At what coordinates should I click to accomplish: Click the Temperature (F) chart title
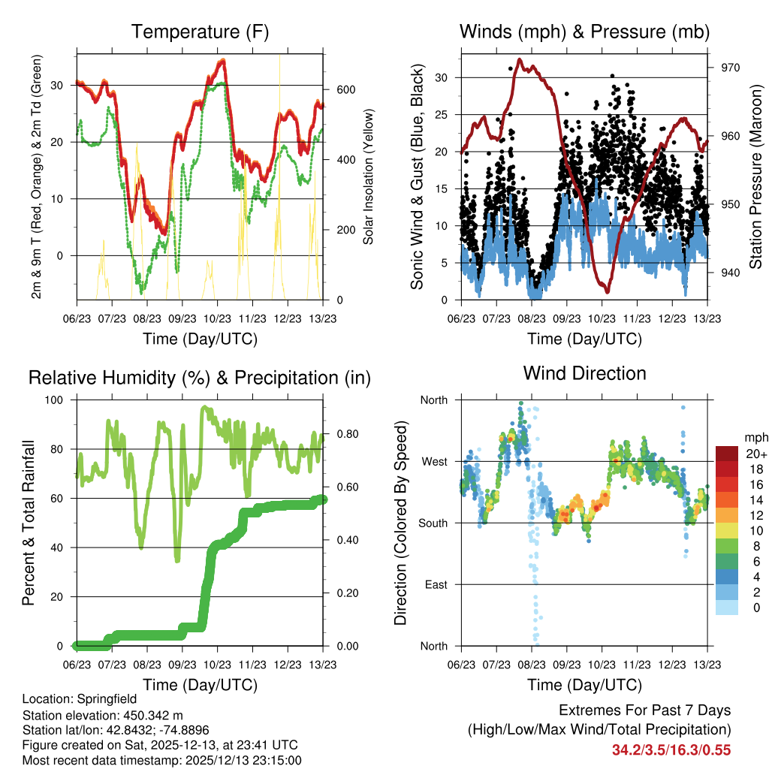click(x=200, y=32)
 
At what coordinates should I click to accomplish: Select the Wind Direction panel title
click(x=584, y=373)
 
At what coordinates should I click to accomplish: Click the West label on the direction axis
click(x=433, y=461)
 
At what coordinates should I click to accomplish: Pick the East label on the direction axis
click(x=435, y=584)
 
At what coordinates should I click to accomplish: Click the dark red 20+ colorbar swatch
click(x=728, y=454)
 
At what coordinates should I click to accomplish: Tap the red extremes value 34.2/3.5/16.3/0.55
click(x=671, y=749)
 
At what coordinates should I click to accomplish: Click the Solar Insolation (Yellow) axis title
click(x=369, y=176)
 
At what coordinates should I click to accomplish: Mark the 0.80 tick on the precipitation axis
click(x=341, y=434)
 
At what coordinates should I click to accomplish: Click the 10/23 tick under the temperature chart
click(x=217, y=318)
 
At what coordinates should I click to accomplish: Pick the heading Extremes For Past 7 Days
click(x=644, y=710)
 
